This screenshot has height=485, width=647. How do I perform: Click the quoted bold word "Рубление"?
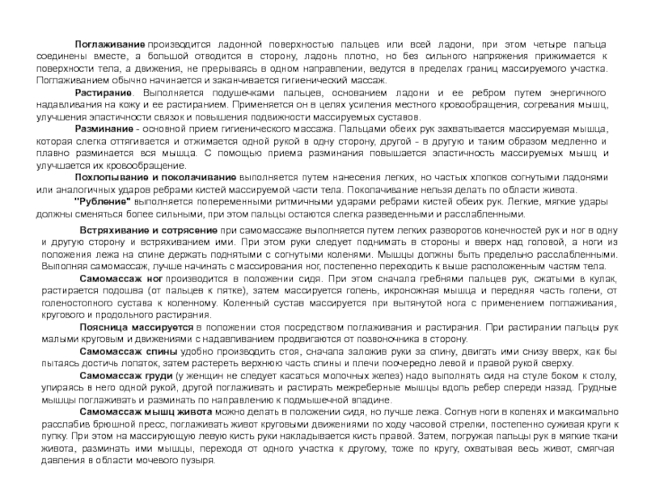click(x=99, y=200)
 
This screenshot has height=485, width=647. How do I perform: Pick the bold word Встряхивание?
click(x=116, y=230)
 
